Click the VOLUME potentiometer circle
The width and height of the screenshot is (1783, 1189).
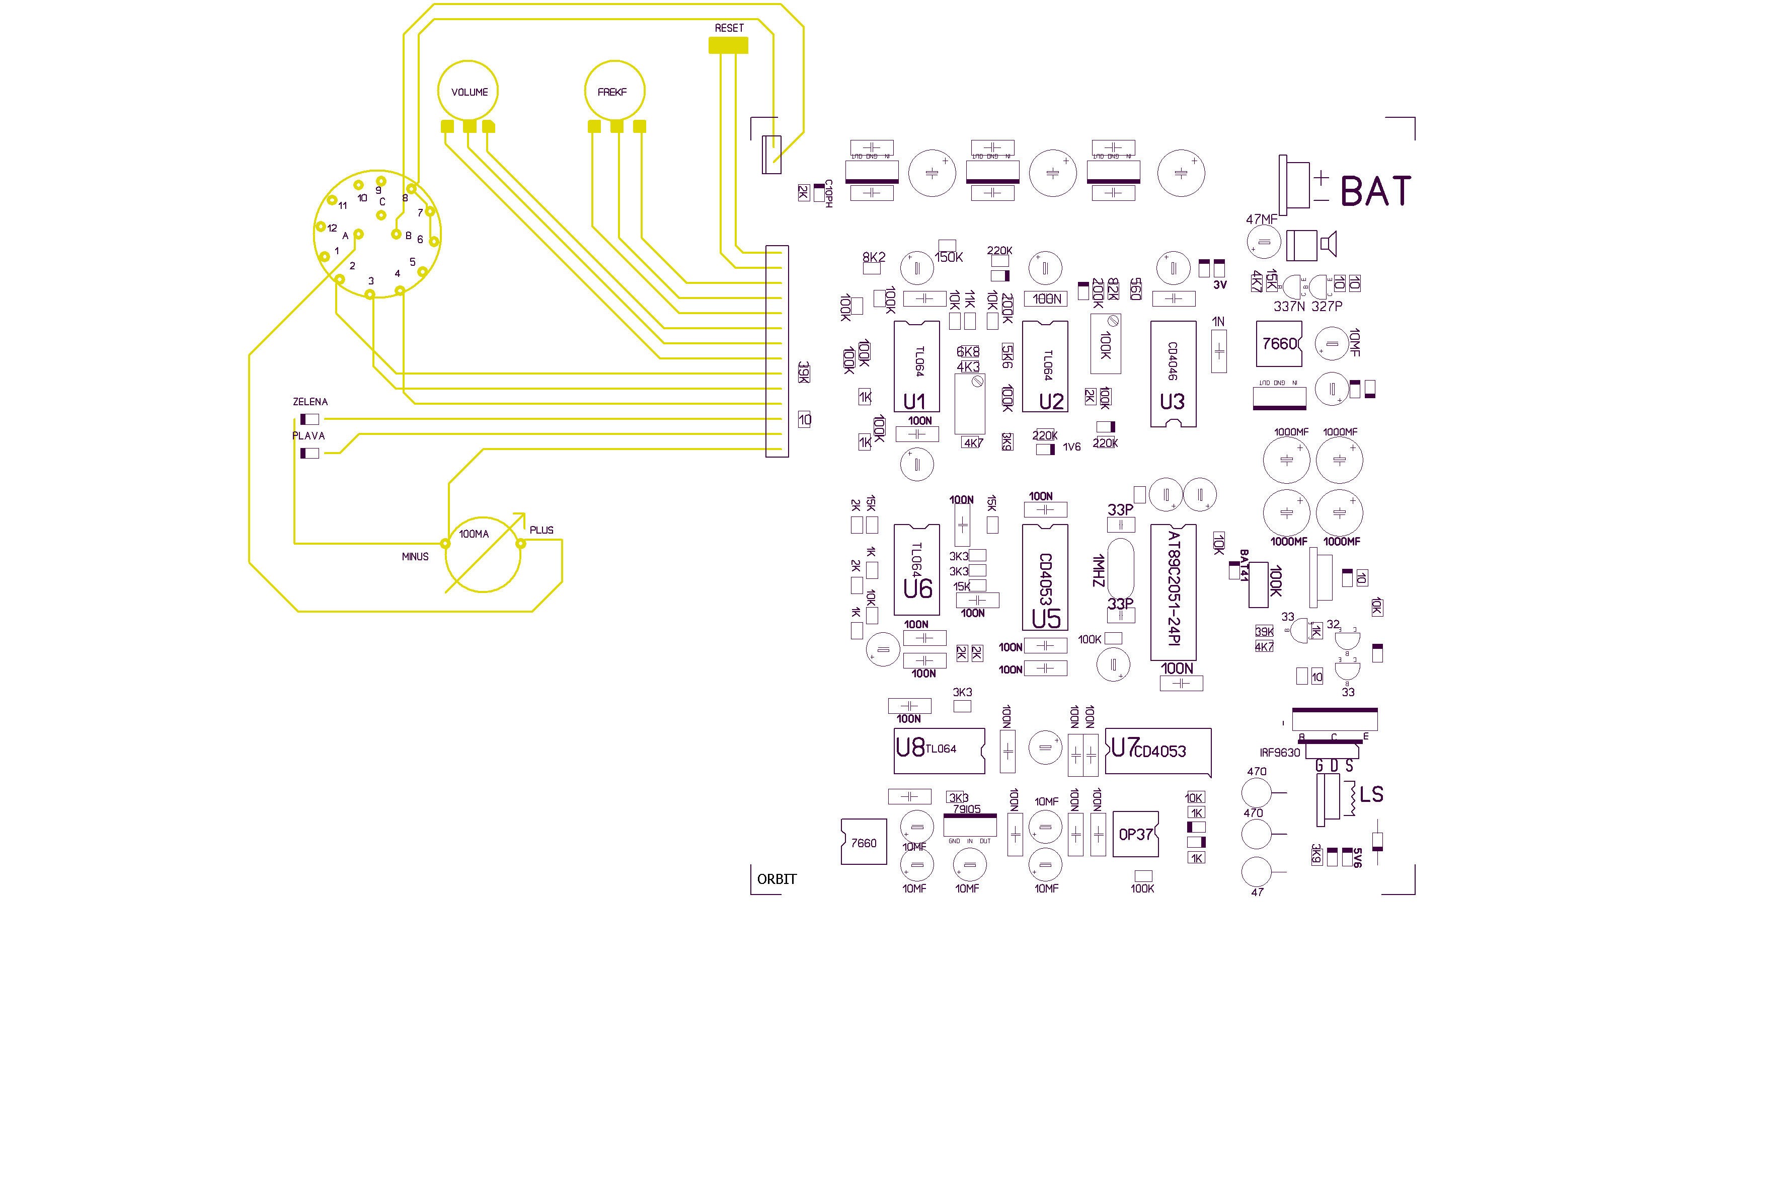468,91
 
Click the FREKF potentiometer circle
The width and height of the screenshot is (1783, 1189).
614,91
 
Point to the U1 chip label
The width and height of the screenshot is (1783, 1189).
914,401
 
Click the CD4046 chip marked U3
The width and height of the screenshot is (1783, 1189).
1173,373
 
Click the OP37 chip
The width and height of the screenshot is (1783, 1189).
1136,834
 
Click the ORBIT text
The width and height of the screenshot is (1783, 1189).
777,879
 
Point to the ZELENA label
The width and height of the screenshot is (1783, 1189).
310,402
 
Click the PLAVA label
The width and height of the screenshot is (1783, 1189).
308,436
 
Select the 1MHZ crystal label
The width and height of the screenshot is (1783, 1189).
1099,570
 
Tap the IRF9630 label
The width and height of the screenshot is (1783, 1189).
1280,753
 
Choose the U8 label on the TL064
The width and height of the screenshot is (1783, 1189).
910,748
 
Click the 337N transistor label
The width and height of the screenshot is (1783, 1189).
1289,307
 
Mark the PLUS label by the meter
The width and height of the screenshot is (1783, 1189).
541,530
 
